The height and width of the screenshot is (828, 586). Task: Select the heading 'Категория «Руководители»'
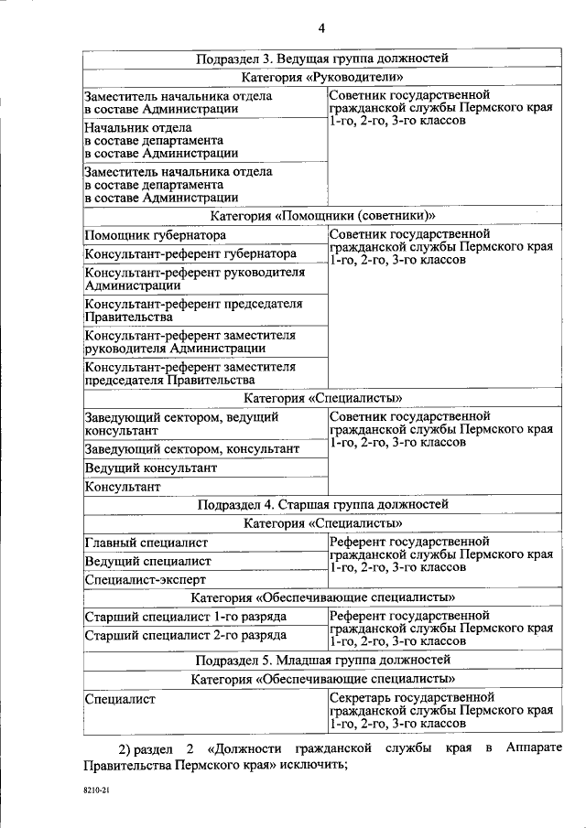click(x=322, y=78)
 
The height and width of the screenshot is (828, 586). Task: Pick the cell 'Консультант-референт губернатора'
click(x=190, y=253)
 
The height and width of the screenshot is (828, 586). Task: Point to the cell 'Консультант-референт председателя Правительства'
click(x=193, y=310)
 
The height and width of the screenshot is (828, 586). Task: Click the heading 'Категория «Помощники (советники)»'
click(x=322, y=216)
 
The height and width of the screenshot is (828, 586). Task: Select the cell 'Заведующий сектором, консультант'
click(x=191, y=449)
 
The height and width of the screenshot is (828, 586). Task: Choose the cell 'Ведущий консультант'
click(x=151, y=468)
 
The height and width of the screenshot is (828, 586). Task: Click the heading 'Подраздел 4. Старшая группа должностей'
click(x=322, y=504)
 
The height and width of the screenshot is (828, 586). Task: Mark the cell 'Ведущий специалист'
click(x=147, y=561)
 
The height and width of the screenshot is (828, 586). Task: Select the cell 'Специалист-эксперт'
click(x=145, y=579)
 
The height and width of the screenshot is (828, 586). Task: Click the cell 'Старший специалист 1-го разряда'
click(x=186, y=617)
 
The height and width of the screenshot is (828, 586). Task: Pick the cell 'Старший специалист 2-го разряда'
click(x=186, y=635)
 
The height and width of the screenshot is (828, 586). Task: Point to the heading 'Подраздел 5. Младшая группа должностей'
click(x=322, y=660)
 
